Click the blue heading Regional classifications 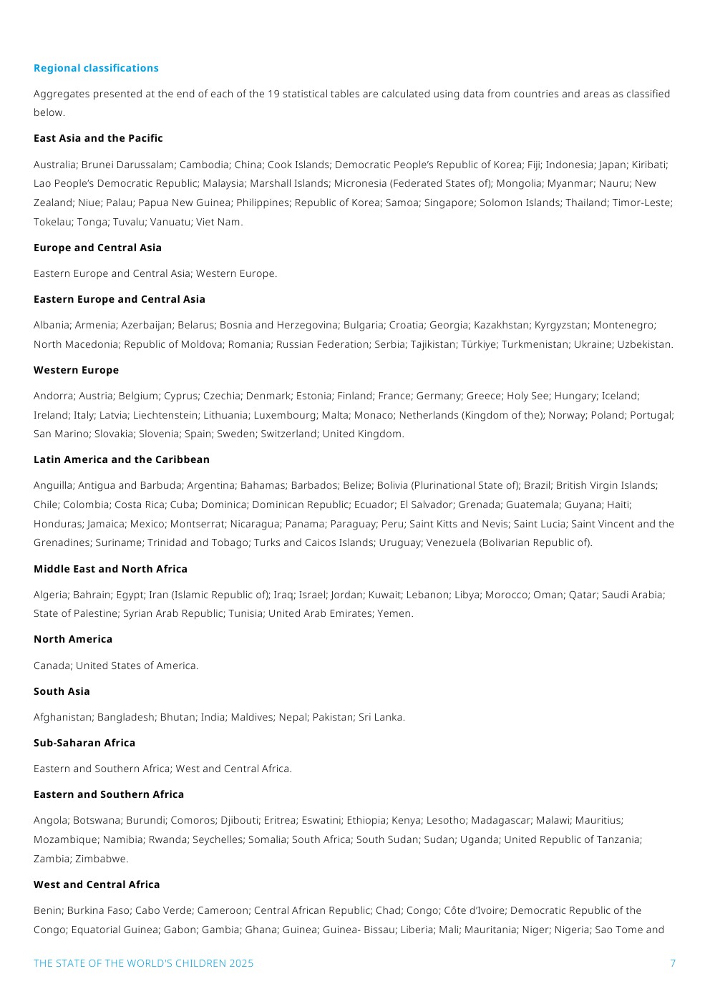pos(96,68)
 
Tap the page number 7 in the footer pos(672,963)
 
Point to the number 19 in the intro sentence pos(273,94)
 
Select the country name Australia pos(54,165)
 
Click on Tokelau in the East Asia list pos(52,222)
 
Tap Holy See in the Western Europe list pos(527,396)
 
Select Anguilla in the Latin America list pos(53,485)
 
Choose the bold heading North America pos(73,639)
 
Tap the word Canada pos(52,666)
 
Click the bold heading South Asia pos(62,691)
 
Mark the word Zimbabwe pos(101,859)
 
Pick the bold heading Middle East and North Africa pos(110,569)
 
